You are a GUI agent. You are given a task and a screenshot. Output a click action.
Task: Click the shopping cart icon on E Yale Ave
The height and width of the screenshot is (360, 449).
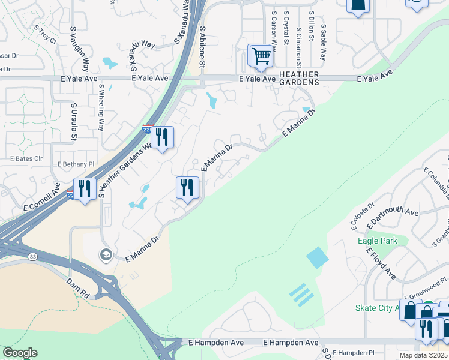pyautogui.click(x=261, y=56)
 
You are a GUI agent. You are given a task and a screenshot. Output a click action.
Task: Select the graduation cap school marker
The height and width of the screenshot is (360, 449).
pyautogui.click(x=106, y=255)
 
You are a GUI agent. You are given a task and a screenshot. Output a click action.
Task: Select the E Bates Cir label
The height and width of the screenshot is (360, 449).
pyautogui.click(x=26, y=158)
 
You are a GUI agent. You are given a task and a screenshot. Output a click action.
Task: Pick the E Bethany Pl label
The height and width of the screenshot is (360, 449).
pyautogui.click(x=76, y=164)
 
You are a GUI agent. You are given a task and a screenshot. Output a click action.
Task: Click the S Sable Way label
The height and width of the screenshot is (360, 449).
pyautogui.click(x=323, y=43)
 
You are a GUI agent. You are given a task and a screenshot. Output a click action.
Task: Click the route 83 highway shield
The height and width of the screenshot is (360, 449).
pyautogui.click(x=32, y=257)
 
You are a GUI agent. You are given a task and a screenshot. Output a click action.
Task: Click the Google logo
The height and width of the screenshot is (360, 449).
pyautogui.click(x=20, y=353)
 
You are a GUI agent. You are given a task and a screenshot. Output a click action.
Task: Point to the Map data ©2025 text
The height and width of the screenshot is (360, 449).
pyautogui.click(x=423, y=355)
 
